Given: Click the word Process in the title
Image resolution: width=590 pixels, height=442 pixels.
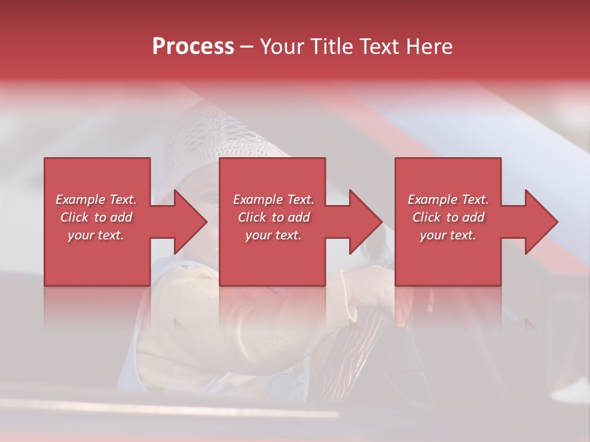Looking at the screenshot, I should pos(193,46).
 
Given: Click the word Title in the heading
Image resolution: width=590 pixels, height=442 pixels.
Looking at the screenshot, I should pos(330,46).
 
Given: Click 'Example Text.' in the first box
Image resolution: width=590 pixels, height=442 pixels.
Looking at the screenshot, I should pos(96,200).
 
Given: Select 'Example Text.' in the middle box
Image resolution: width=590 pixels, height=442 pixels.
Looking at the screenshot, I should pos(273,200).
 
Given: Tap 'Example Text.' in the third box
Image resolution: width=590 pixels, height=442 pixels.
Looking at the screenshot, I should pos(448,200).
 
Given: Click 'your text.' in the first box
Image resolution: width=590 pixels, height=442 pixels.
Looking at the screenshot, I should pos(96,235).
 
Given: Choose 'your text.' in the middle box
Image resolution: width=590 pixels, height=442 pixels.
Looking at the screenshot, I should pos(273,235).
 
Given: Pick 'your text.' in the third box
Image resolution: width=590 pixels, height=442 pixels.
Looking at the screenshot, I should pos(448,235).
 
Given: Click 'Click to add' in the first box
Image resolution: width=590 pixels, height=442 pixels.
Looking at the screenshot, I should pos(96,217).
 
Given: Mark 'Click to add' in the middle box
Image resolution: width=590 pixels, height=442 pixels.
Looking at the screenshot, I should pos(273,217).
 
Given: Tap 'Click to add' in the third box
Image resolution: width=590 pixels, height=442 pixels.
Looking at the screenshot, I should pos(448,217).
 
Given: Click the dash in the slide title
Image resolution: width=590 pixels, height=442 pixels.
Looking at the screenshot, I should pos(246,47).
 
